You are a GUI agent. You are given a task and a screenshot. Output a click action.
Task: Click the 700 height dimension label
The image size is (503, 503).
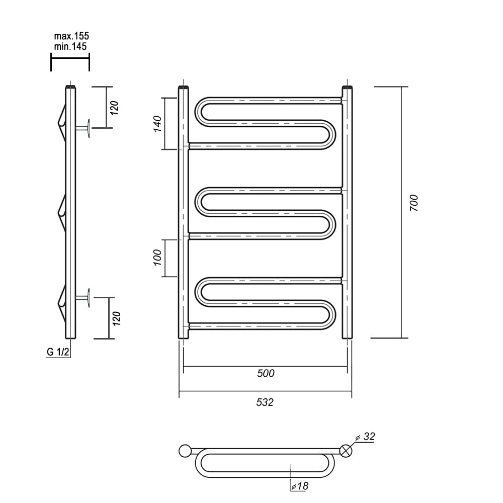(x=414, y=203)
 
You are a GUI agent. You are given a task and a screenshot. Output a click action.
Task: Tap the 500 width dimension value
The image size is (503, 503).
(x=266, y=373)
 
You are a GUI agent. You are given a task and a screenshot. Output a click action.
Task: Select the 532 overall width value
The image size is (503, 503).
(x=265, y=402)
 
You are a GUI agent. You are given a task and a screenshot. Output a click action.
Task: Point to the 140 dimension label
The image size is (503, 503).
(x=157, y=124)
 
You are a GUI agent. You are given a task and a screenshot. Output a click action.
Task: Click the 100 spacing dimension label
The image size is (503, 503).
(x=157, y=257)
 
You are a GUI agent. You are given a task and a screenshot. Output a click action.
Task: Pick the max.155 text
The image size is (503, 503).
(x=71, y=36)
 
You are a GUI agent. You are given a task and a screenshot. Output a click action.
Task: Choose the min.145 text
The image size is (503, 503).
(x=70, y=46)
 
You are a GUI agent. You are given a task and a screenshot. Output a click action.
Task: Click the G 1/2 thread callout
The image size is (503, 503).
(x=58, y=352)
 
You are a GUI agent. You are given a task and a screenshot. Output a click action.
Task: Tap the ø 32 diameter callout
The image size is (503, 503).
(x=365, y=437)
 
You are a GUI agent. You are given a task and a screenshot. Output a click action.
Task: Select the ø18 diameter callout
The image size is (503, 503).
(x=300, y=486)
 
